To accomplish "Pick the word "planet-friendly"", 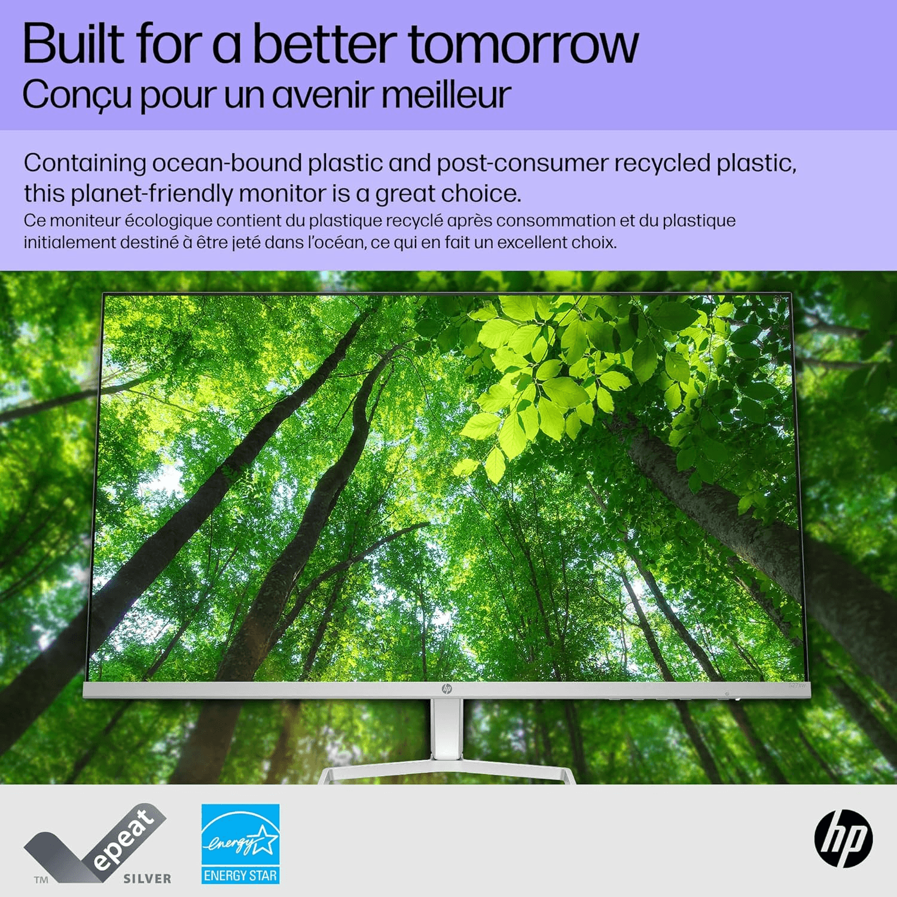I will tap(151, 194).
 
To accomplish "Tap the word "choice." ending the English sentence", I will tap(481, 193).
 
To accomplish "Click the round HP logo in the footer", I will tap(843, 838).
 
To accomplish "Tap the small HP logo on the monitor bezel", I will tap(447, 689).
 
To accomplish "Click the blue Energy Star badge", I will tap(240, 844).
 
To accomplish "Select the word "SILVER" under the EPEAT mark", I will tap(147, 878).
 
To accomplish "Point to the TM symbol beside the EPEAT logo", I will tap(41, 879).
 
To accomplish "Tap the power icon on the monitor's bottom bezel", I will tap(727, 694).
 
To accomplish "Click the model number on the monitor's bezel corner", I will tap(797, 685).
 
